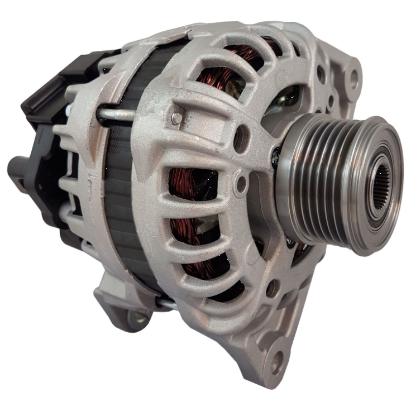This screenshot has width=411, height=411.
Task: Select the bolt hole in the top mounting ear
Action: coord(353,79)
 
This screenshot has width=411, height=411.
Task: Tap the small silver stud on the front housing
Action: coord(176,118)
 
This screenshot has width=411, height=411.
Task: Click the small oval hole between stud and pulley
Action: coord(241,133)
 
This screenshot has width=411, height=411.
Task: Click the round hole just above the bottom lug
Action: coord(273,289)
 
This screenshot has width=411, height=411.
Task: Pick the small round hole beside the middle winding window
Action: coord(241,182)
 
